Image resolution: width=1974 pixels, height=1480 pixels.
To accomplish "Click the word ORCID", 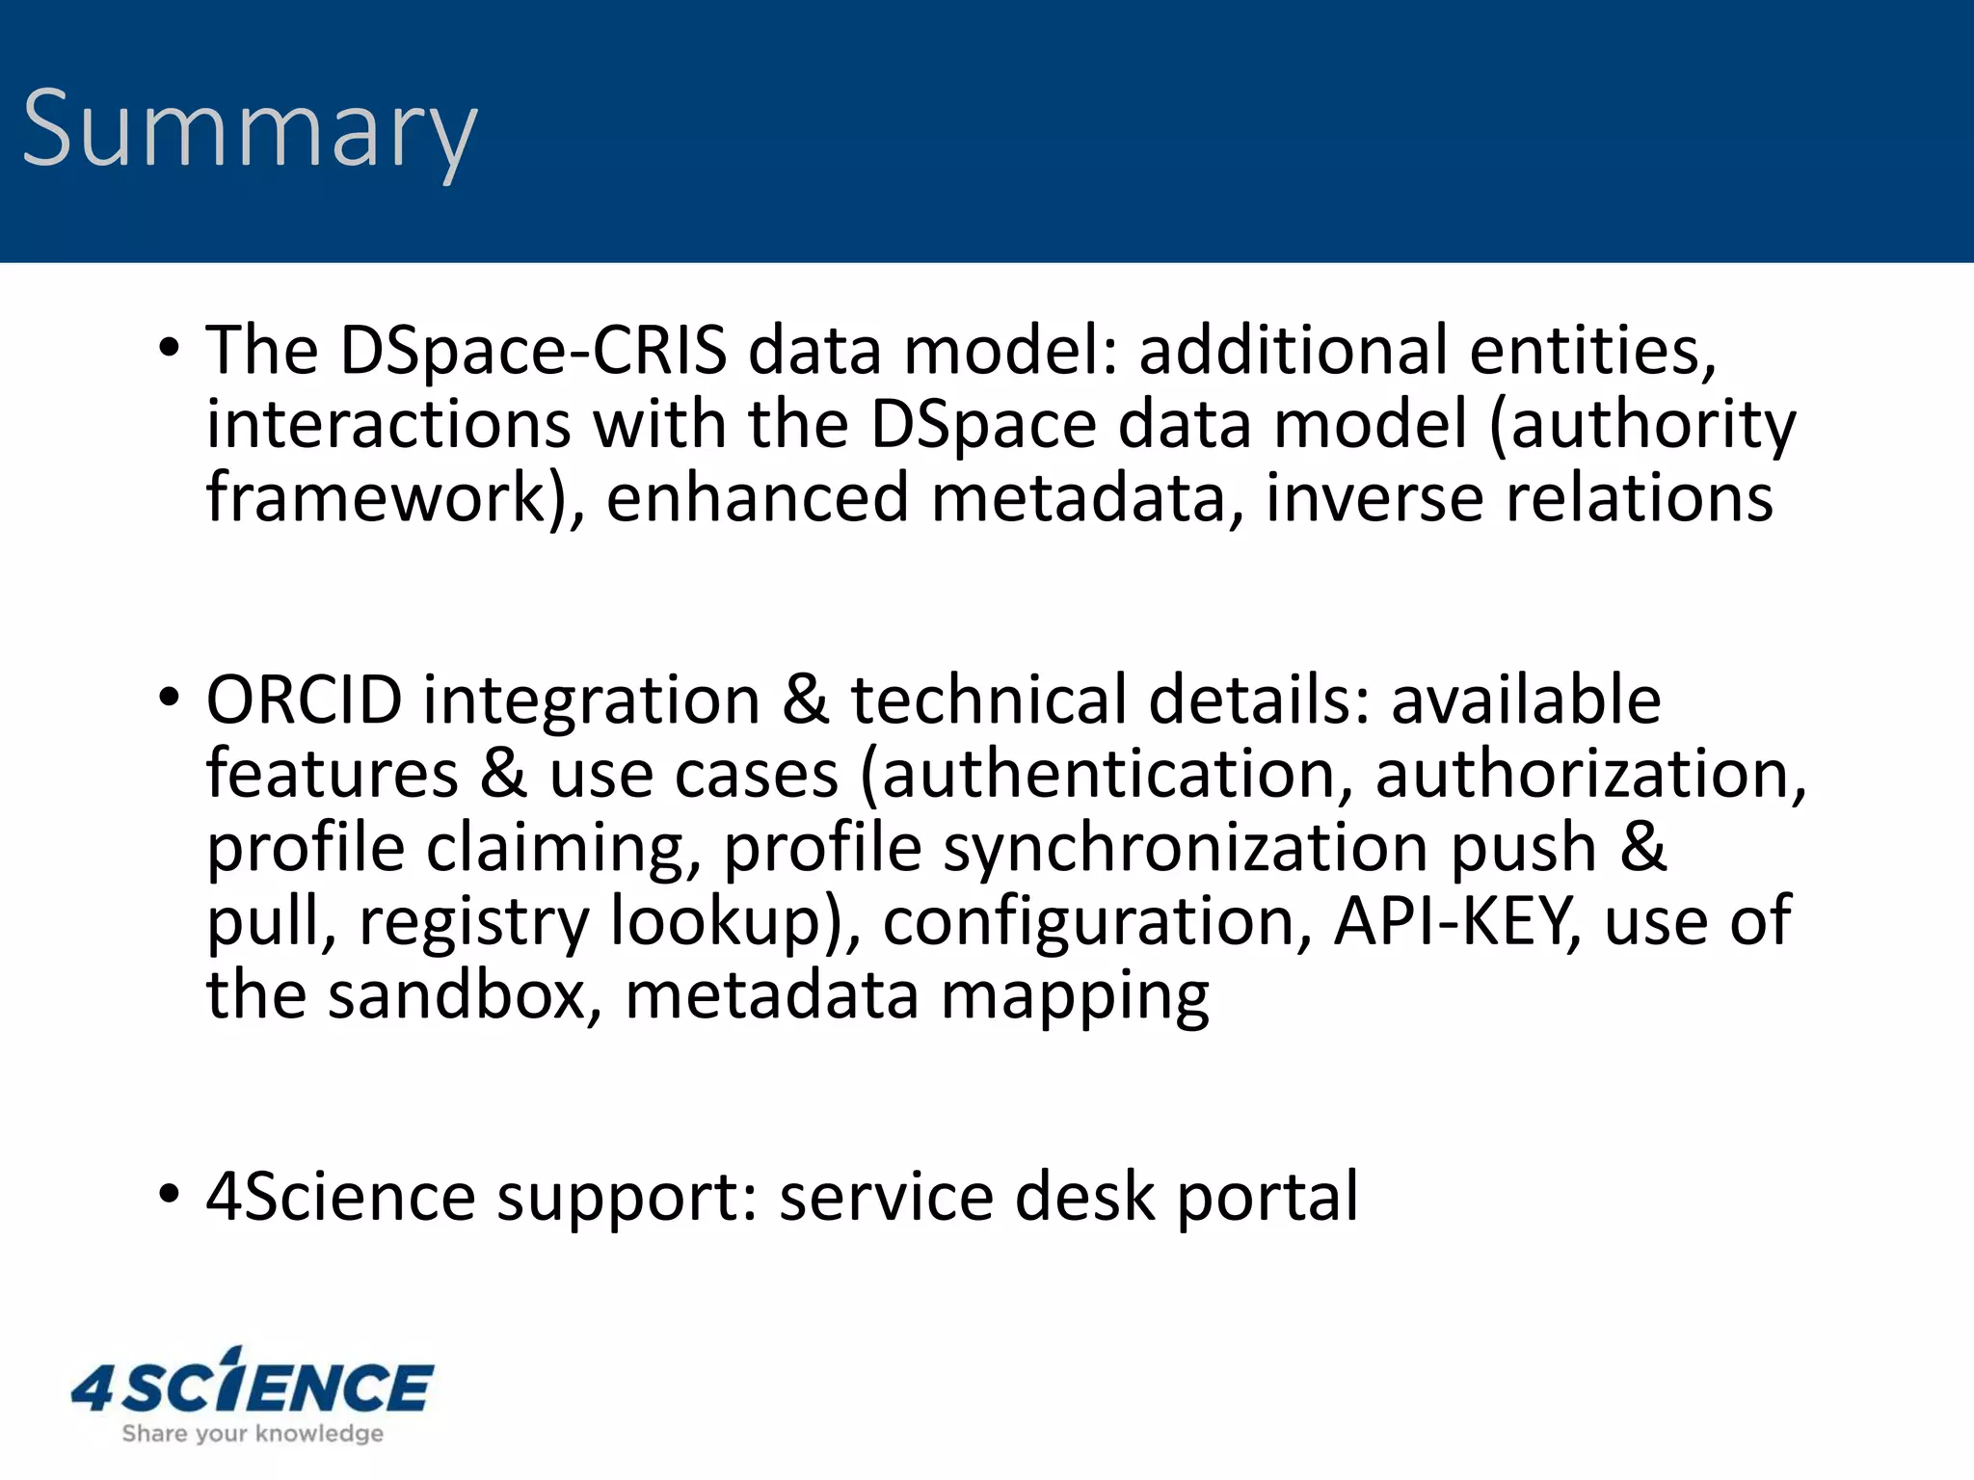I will pos(304,700).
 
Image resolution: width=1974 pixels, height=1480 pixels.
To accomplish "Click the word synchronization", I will pos(1186,848).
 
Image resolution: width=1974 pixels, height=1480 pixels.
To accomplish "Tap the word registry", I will pos(473,922).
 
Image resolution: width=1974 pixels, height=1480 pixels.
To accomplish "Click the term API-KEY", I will pos(1455,922).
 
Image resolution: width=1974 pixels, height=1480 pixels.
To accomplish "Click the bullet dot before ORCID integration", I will pos(170,698).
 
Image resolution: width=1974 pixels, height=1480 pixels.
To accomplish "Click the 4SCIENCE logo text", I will pos(253,1385).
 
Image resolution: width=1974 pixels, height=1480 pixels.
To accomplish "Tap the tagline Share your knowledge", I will pos(253,1434).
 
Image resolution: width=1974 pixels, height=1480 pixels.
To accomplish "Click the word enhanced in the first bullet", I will pos(758,498).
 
